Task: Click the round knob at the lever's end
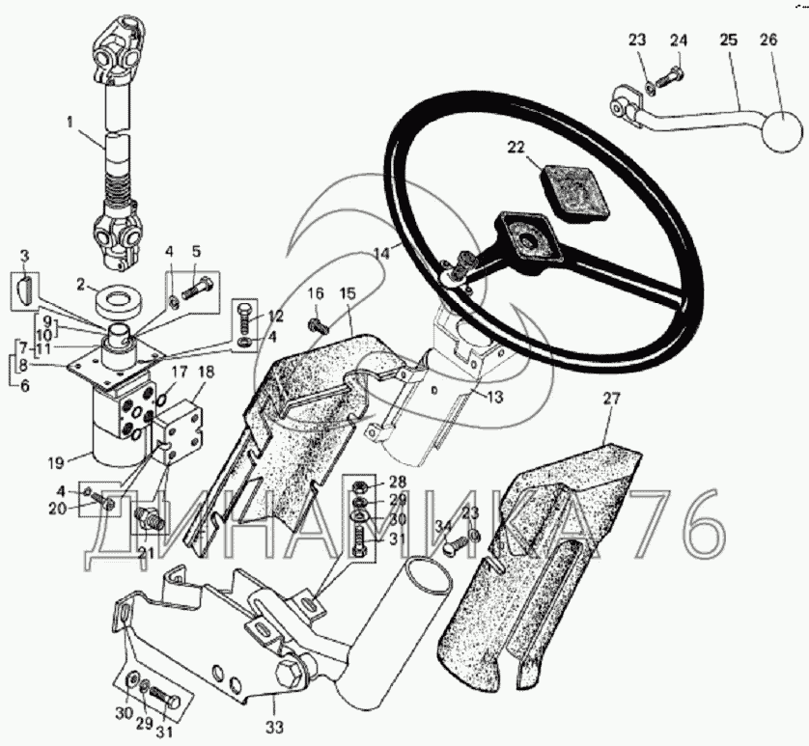(782, 131)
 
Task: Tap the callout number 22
(516, 148)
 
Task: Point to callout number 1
(70, 123)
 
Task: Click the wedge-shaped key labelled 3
(24, 290)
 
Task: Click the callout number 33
(274, 728)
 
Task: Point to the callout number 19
(56, 463)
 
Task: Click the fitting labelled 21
(149, 519)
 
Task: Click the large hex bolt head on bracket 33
(288, 673)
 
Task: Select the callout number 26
(768, 41)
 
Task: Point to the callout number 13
(493, 398)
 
